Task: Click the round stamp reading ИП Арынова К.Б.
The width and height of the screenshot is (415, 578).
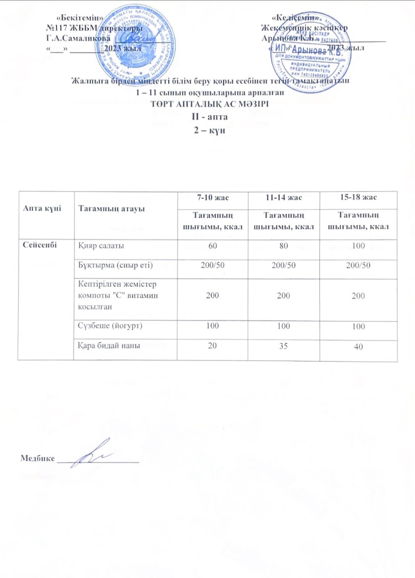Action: coord(311,52)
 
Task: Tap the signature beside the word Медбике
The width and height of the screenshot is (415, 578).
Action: coord(92,454)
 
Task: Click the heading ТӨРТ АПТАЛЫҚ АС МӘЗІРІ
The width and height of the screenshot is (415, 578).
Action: coord(210,104)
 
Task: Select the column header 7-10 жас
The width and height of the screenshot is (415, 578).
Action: coord(213,198)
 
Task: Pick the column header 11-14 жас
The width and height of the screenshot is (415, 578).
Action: coord(283,198)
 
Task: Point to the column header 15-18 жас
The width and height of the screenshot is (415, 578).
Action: coord(358,197)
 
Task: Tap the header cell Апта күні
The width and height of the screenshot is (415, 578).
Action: coord(42,208)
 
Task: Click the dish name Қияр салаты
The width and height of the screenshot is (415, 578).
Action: coord(101,246)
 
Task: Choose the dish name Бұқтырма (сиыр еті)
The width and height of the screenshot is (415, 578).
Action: coord(115,265)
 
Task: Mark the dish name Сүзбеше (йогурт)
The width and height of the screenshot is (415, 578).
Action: coord(110,326)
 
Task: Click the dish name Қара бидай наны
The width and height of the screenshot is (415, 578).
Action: coord(109,346)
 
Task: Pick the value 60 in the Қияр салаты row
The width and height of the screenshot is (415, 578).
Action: coord(213,246)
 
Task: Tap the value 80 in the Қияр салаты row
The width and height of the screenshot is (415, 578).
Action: coord(283,246)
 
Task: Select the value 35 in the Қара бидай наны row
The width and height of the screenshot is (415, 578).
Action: coord(283,346)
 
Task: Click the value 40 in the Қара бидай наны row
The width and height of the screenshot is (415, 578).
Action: coord(358,347)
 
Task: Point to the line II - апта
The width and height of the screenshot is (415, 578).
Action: coord(210,117)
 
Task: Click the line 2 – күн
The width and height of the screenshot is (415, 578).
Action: coord(210,130)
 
